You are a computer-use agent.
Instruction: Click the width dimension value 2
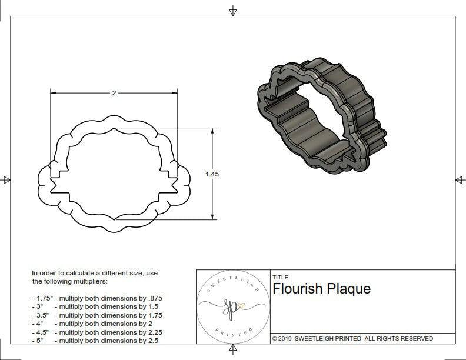[x=113, y=93]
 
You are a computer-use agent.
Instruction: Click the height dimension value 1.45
[x=212, y=174]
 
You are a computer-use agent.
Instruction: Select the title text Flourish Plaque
[x=321, y=289]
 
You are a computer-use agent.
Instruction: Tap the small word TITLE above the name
[x=280, y=278]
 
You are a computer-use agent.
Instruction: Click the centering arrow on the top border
[x=234, y=11]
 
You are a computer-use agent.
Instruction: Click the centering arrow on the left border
[x=6, y=179]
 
